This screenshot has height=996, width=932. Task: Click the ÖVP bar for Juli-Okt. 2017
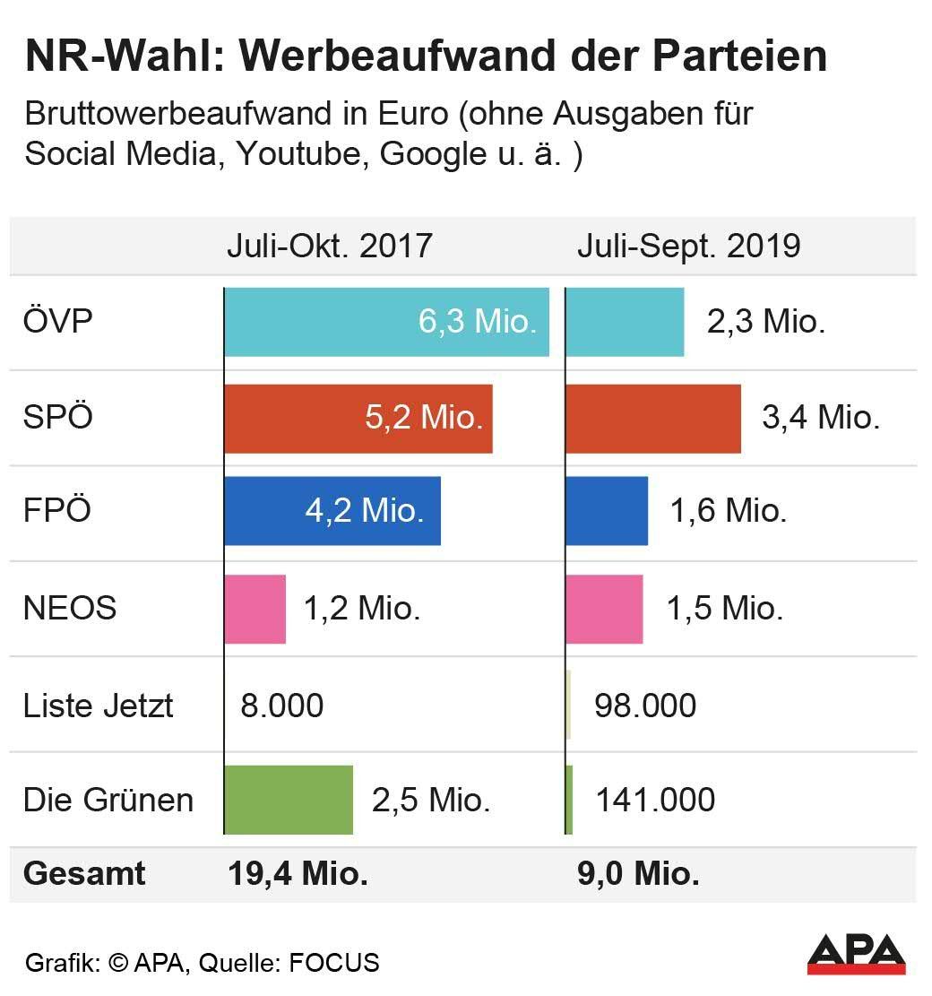(385, 322)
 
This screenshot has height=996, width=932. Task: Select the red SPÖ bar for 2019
(653, 419)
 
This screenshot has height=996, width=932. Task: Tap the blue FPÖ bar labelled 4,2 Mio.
(332, 511)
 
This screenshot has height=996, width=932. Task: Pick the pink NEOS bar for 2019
(604, 609)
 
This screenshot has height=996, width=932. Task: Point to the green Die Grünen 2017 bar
(289, 800)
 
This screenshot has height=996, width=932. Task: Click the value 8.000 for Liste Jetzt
(281, 706)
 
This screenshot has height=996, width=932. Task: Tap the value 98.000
(644, 706)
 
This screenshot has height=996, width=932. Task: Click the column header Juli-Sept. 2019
(687, 245)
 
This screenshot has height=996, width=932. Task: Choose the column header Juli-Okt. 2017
(329, 245)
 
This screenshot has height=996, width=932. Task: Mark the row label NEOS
(70, 609)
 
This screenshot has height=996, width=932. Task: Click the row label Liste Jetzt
(98, 706)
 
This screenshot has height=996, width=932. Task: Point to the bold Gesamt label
(84, 873)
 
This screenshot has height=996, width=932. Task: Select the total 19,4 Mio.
(298, 873)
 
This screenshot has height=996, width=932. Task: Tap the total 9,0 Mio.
(638, 873)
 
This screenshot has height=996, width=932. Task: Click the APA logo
(856, 954)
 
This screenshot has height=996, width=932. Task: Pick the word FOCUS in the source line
(333, 964)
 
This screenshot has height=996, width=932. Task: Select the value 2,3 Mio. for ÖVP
(765, 322)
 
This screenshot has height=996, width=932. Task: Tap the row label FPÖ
(57, 511)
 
